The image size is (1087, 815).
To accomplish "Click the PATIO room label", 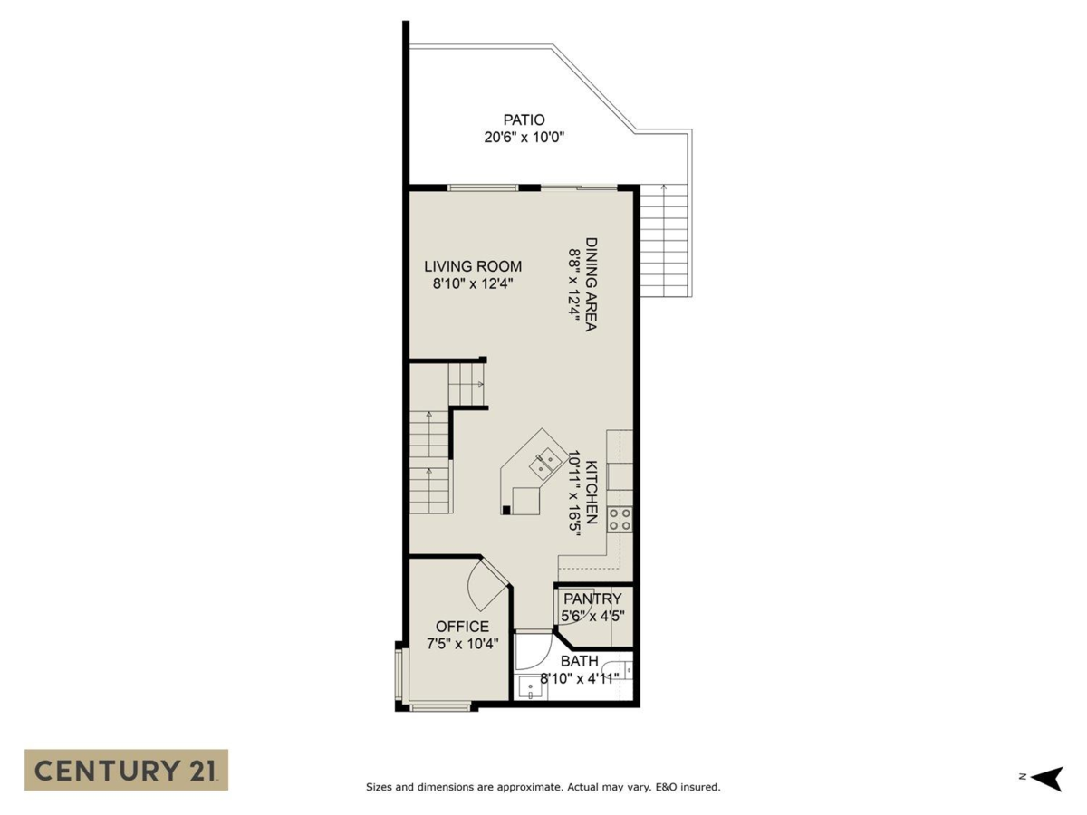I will pyautogui.click(x=524, y=120).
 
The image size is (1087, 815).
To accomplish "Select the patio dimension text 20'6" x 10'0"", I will pyautogui.click(x=524, y=138).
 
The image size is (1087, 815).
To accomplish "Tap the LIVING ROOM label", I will pyautogui.click(x=473, y=266).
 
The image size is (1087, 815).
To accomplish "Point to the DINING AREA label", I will pyautogui.click(x=591, y=284).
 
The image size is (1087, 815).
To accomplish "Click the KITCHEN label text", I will pyautogui.click(x=591, y=494).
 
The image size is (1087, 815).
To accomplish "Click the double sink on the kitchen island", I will pyautogui.click(x=545, y=464).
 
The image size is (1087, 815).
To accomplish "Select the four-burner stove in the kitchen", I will pyautogui.click(x=620, y=519).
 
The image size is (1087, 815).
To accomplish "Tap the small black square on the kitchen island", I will pyautogui.click(x=505, y=510).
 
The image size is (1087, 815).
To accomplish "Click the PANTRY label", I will pyautogui.click(x=592, y=599).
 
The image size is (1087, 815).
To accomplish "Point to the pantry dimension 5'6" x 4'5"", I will pyautogui.click(x=592, y=617).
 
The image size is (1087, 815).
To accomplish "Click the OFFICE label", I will pyautogui.click(x=462, y=627).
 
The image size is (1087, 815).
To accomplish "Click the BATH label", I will pyautogui.click(x=579, y=661).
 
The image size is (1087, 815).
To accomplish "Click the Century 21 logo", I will pyautogui.click(x=126, y=770).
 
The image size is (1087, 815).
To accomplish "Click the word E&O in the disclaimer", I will pyautogui.click(x=667, y=788).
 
